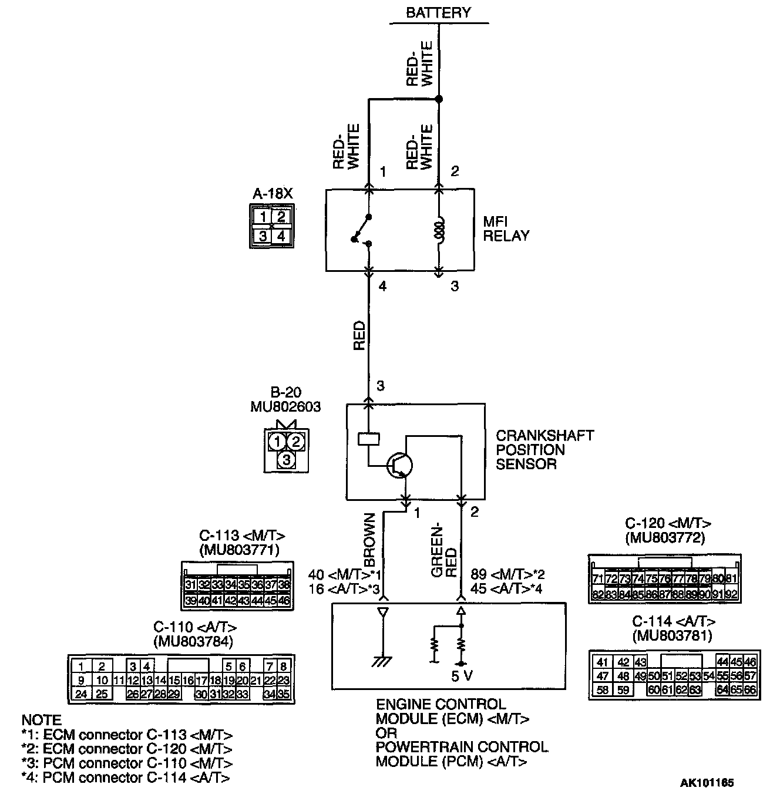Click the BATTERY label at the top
point(438,12)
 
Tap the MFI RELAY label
point(506,229)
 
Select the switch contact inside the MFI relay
point(362,230)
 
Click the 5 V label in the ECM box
point(462,676)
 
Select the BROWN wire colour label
point(369,540)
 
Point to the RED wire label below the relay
point(359,335)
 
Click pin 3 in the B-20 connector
point(286,460)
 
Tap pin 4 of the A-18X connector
point(282,236)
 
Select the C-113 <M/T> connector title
point(242,536)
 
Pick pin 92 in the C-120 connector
point(731,594)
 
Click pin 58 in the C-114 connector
point(603,690)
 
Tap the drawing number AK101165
point(707,783)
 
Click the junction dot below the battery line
point(439,99)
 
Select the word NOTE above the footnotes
point(41,720)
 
